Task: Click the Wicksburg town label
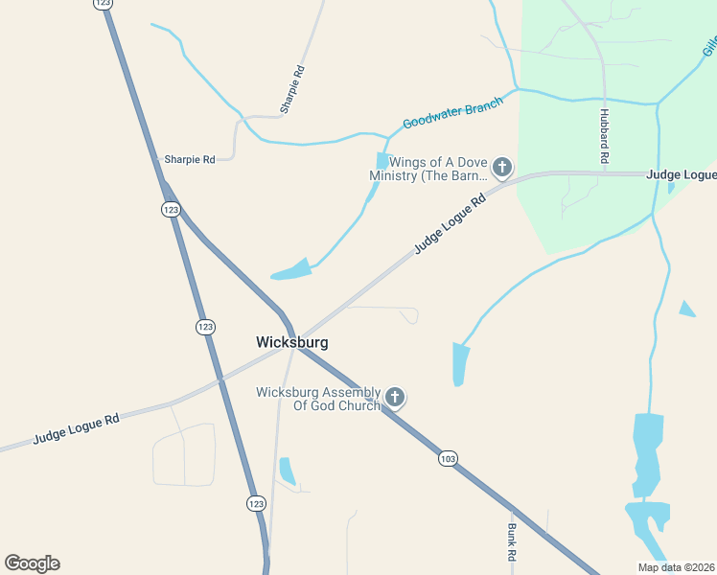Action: coord(292,342)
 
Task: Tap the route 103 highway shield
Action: coord(448,459)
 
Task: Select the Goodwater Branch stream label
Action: coord(452,114)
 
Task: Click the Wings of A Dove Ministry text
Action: coord(428,169)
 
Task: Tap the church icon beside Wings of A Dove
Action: coord(501,169)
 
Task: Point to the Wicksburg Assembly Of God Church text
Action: coord(318,399)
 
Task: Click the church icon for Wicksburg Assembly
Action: coord(394,397)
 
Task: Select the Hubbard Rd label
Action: coord(605,134)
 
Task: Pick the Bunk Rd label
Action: coord(512,542)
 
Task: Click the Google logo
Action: coord(32,563)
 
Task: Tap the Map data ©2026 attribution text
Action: coord(676,567)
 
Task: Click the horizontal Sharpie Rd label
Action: coord(190,159)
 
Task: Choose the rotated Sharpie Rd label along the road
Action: coord(292,90)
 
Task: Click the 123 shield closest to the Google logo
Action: coord(256,503)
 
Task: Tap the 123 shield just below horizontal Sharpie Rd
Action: coord(171,209)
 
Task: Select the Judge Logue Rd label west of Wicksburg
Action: coord(76,427)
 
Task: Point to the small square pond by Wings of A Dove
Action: coord(383,161)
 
